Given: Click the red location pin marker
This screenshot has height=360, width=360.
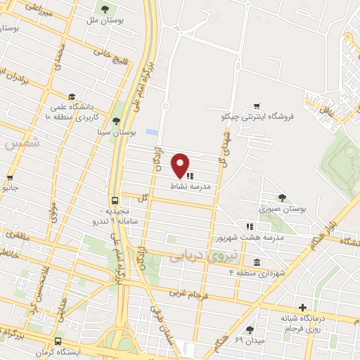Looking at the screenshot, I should pos(181,165).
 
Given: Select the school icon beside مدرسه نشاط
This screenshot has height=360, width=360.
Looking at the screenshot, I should pos(190,176).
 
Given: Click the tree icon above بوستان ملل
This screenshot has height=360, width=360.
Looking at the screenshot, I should pos(105,9).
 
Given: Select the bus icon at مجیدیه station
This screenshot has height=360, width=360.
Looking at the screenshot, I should pos(115,199).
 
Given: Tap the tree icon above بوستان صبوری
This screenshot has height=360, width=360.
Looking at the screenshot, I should pos(282,198).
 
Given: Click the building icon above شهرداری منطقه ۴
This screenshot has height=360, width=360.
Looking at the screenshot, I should pos(257,262).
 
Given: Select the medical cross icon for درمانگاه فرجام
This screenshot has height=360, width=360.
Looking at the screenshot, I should pos(302,307).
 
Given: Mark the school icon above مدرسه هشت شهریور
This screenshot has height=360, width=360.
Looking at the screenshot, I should pos(249,226).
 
